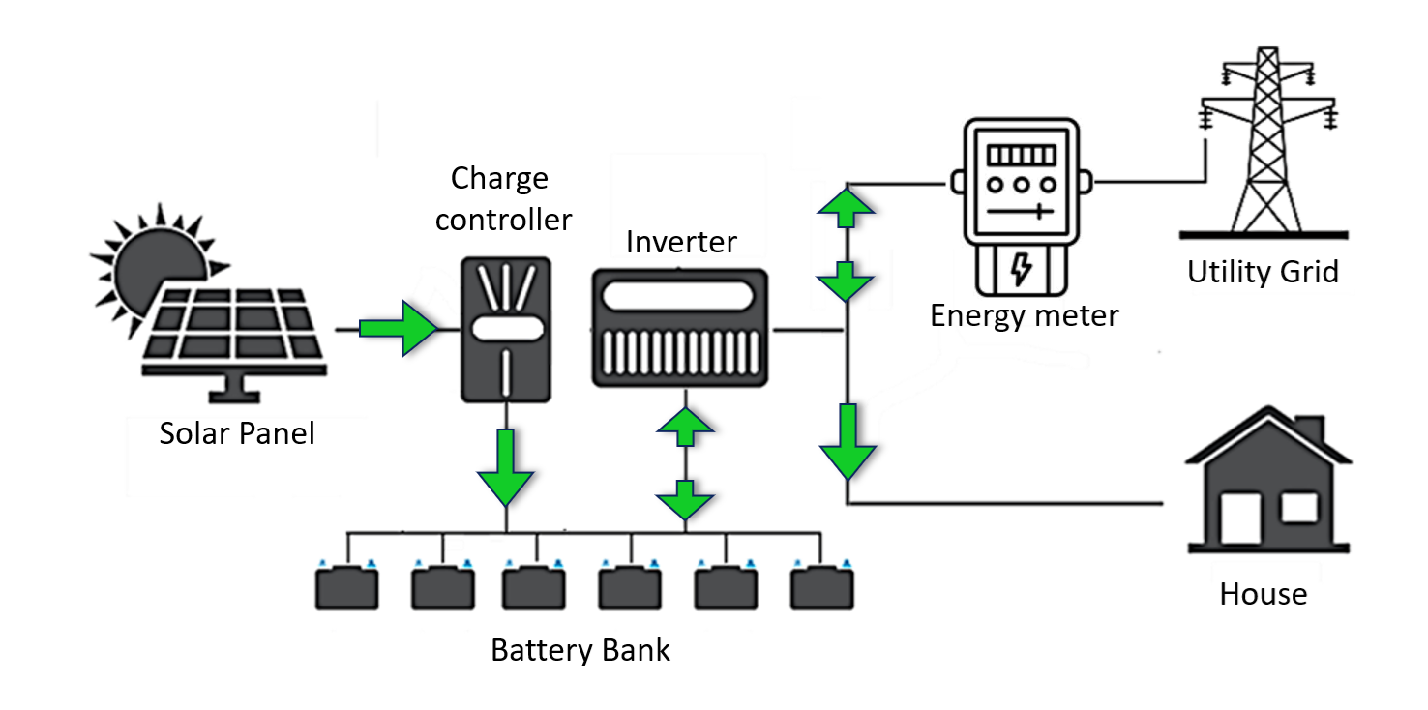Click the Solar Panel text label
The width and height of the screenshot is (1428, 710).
[x=237, y=432]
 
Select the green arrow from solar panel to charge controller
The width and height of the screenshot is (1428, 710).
[x=397, y=329]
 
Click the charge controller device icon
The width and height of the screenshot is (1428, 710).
[x=505, y=329]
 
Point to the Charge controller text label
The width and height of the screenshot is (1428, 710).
[x=502, y=199]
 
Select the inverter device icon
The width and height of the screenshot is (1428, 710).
[x=682, y=329]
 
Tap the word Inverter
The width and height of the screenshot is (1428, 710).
[x=681, y=242]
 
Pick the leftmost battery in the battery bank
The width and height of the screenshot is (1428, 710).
[x=346, y=587]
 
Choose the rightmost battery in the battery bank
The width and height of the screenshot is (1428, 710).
[x=822, y=587]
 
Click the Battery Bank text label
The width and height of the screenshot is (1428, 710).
[x=580, y=649]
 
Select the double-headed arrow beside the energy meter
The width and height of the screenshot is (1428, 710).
[x=848, y=242]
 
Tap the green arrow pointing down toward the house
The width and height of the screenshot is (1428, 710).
[x=848, y=442]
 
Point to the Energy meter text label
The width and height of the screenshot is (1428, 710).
[x=1024, y=315]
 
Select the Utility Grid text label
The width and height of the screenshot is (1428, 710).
[x=1263, y=272]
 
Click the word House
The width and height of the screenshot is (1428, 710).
[x=1263, y=593]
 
